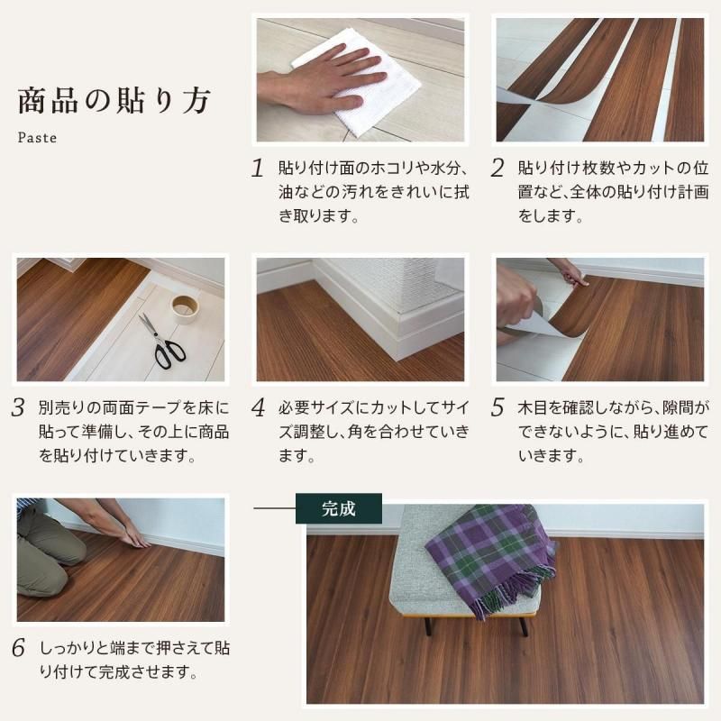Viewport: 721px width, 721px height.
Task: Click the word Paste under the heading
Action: (37, 139)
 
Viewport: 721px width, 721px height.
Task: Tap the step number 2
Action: (497, 169)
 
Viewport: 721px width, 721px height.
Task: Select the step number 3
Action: (18, 407)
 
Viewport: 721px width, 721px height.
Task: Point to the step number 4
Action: (258, 407)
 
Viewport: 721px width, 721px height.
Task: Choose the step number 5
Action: (497, 407)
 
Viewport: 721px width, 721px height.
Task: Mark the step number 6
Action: (18, 648)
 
